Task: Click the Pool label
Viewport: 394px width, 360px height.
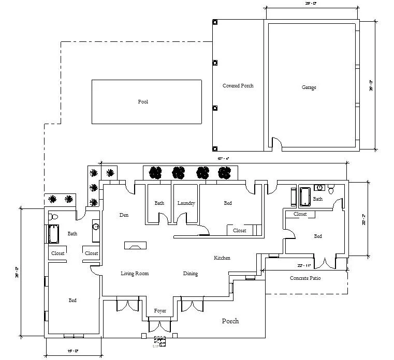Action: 143,102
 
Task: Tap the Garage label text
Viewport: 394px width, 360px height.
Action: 309,88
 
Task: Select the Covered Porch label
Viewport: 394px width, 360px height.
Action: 238,86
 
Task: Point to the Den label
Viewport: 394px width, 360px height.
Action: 123,215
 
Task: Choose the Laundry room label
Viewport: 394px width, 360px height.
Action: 186,203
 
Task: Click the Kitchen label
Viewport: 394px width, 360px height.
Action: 222,258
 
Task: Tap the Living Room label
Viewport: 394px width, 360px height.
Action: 135,274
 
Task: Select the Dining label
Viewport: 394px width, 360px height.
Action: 190,274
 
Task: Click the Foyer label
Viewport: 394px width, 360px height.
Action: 160,311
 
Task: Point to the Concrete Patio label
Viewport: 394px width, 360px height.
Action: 304,278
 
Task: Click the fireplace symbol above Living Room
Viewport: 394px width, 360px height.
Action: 135,246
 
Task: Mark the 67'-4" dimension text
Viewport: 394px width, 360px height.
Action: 224,159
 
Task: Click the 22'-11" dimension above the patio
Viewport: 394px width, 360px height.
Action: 304,265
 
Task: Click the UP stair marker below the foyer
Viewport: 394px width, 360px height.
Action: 159,341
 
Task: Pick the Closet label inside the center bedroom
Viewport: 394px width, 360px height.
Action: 239,230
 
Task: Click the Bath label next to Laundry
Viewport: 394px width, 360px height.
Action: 159,203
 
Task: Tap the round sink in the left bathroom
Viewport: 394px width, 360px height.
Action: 96,226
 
